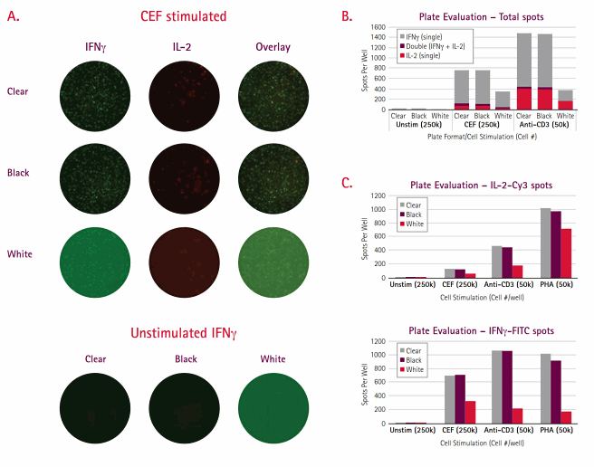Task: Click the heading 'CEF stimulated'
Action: click(183, 16)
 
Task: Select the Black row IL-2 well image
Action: click(182, 172)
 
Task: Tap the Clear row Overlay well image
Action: click(273, 93)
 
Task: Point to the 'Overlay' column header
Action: click(273, 47)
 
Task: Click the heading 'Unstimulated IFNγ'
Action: click(183, 334)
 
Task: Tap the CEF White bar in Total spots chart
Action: click(503, 100)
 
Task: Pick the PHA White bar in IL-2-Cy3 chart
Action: click(566, 253)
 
